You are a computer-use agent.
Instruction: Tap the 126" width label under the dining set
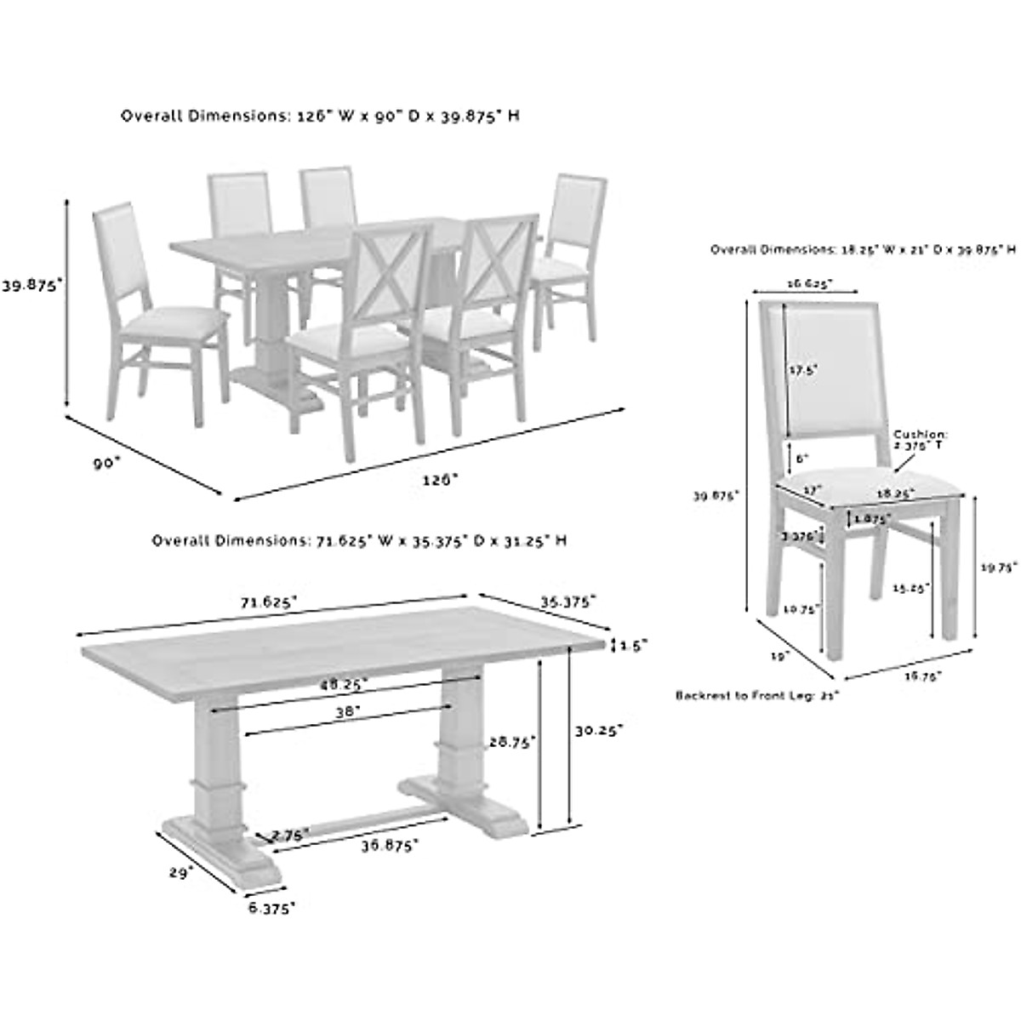tap(440, 479)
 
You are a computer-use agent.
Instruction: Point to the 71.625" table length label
tap(269, 602)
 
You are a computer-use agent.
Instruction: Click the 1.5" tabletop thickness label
tap(634, 646)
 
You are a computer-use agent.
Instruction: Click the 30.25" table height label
tap(598, 730)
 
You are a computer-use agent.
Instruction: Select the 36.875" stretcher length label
tap(391, 846)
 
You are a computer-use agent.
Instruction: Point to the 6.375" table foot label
tap(271, 909)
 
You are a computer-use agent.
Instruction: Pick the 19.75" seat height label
tap(998, 570)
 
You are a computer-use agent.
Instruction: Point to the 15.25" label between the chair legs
tap(911, 587)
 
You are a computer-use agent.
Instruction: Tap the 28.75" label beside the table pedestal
tap(510, 743)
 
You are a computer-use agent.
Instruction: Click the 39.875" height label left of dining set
tap(32, 287)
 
